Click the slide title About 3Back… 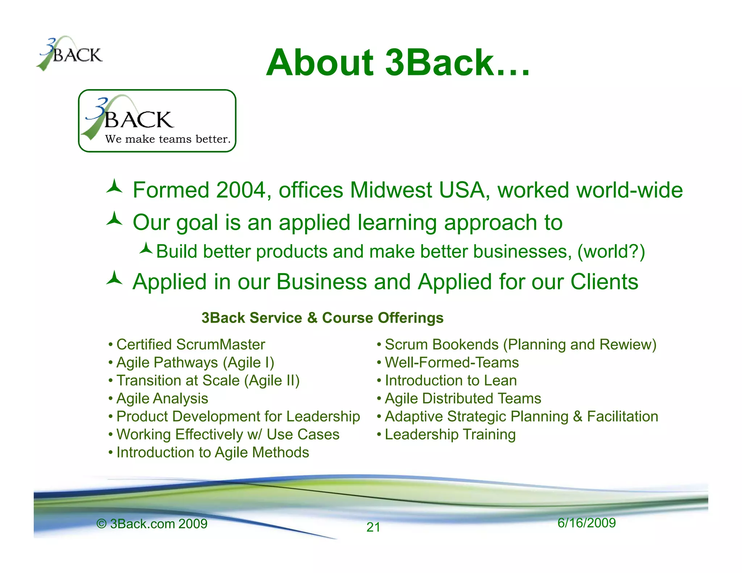coord(398,63)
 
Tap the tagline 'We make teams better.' coord(168,139)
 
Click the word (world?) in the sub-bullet coord(611,251)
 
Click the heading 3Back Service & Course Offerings coord(322,318)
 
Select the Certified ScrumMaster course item coord(191,344)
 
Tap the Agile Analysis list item coord(162,398)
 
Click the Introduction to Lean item coord(451,380)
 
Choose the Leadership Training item coord(450,434)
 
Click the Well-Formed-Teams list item coord(452,363)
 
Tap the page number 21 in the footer coord(373,527)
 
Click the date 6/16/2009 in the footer coord(587,523)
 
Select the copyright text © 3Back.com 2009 coord(152,524)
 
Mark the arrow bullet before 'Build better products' coord(146,248)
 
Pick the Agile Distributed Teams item coord(463,398)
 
